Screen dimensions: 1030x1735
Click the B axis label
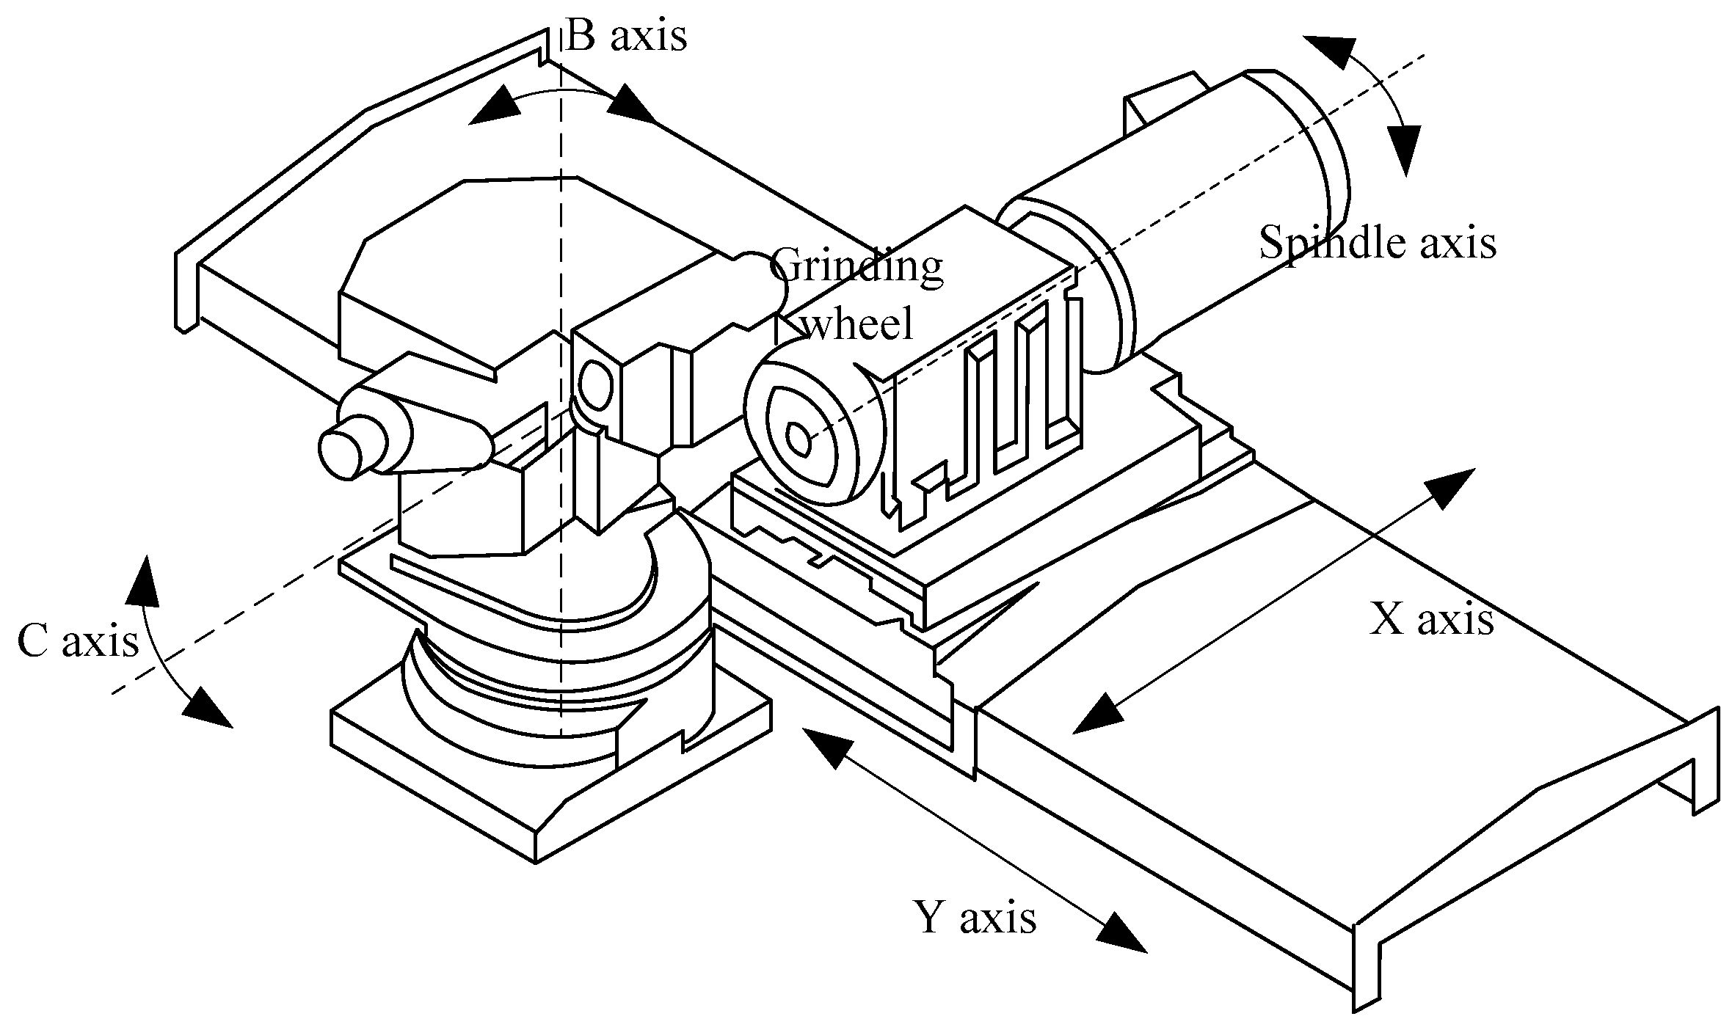(x=626, y=37)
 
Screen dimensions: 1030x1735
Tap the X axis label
(x=1431, y=620)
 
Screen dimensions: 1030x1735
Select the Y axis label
(x=975, y=917)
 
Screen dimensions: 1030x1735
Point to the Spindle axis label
(x=1378, y=243)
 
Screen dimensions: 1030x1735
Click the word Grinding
(x=856, y=266)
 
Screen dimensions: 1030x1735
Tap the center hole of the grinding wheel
(x=797, y=439)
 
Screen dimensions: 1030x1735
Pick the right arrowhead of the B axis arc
(x=630, y=105)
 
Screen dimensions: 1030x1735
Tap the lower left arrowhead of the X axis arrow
(x=1098, y=712)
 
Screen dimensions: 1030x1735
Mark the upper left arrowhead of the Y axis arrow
(x=826, y=748)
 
